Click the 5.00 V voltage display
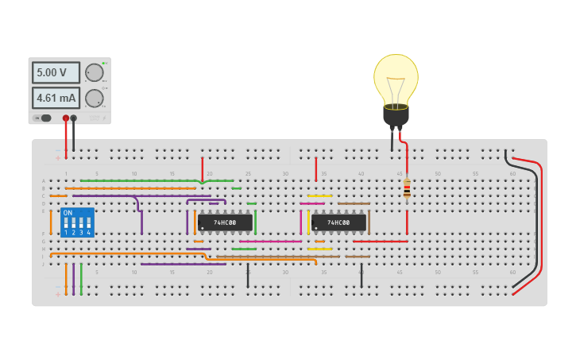click(x=56, y=72)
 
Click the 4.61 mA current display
click(x=56, y=99)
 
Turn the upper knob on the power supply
click(x=95, y=72)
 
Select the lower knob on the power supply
click(x=95, y=99)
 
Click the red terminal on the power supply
click(x=66, y=118)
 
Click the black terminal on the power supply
click(x=74, y=118)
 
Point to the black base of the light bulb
click(x=396, y=116)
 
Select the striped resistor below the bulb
click(x=407, y=189)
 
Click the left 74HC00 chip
click(x=225, y=223)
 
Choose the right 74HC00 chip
click(x=338, y=223)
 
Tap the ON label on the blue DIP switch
click(x=68, y=213)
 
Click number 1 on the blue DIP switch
click(x=66, y=232)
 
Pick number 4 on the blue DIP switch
click(x=88, y=232)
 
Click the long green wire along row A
click(x=151, y=180)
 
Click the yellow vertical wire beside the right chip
click(x=308, y=223)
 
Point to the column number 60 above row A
click(x=512, y=173)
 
